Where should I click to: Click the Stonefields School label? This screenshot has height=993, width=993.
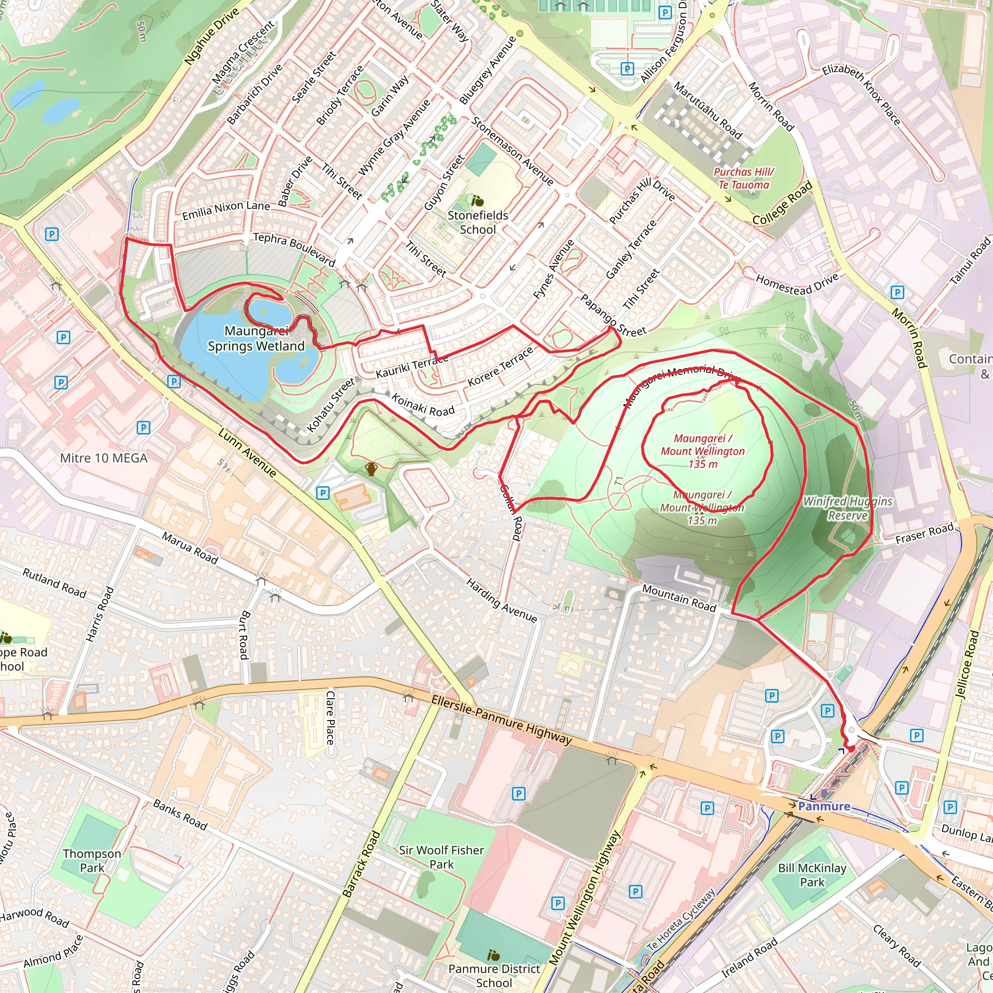pyautogui.click(x=478, y=223)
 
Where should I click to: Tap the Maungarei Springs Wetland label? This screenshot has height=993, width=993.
pyautogui.click(x=256, y=339)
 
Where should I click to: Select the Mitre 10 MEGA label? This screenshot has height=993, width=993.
pyautogui.click(x=104, y=458)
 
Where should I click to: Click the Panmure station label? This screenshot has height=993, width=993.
pyautogui.click(x=824, y=806)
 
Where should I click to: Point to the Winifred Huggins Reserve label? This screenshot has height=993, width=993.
pyautogui.click(x=848, y=508)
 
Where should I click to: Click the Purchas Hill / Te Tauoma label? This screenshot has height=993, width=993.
pyautogui.click(x=744, y=178)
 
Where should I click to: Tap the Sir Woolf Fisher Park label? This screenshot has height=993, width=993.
pyautogui.click(x=442, y=857)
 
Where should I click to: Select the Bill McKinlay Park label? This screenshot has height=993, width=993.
pyautogui.click(x=812, y=875)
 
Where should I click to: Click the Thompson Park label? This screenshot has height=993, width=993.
pyautogui.click(x=92, y=861)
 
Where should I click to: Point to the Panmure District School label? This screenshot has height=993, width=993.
pyautogui.click(x=494, y=976)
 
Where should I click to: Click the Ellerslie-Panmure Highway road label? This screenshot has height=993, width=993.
pyautogui.click(x=501, y=720)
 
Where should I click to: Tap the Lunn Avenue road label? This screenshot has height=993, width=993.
pyautogui.click(x=247, y=452)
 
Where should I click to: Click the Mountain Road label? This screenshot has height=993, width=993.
pyautogui.click(x=679, y=598)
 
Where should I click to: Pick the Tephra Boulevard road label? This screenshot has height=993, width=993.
pyautogui.click(x=294, y=249)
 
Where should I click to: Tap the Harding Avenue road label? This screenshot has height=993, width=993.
pyautogui.click(x=502, y=600)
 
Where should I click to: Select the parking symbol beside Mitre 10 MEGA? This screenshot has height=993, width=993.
pyautogui.click(x=144, y=428)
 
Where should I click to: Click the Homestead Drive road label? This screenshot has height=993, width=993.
pyautogui.click(x=797, y=284)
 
